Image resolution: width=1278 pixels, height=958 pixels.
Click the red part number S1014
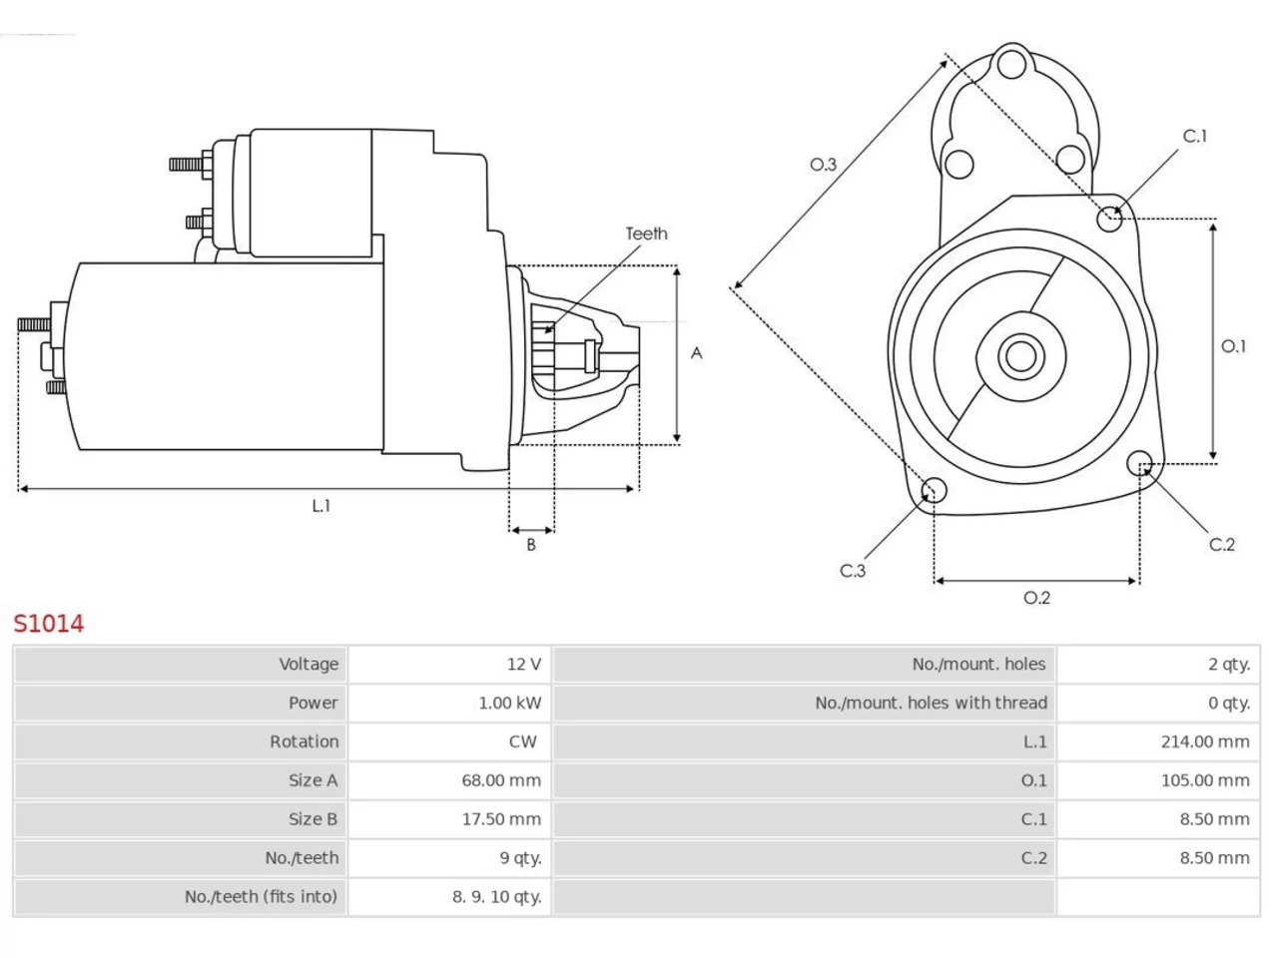pyautogui.click(x=49, y=624)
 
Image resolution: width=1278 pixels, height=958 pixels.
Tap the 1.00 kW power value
pyautogui.click(x=510, y=704)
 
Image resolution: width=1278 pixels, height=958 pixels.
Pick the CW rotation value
pyautogui.click(x=522, y=741)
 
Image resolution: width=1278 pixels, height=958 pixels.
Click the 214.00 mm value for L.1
pyautogui.click(x=1205, y=741)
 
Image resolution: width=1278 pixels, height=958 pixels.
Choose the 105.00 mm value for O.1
pyautogui.click(x=1205, y=780)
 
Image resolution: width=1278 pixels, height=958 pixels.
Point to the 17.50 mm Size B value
pyautogui.click(x=501, y=819)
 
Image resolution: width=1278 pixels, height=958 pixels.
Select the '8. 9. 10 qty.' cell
pyautogui.click(x=496, y=897)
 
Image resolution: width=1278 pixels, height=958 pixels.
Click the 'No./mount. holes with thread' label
pyautogui.click(x=931, y=704)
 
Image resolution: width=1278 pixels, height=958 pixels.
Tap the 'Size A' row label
pyautogui.click(x=314, y=780)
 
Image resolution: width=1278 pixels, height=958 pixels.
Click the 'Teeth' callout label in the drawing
pyautogui.click(x=646, y=234)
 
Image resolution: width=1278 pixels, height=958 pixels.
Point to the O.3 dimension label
pyautogui.click(x=824, y=165)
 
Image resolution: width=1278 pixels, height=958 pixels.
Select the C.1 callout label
pyautogui.click(x=1195, y=136)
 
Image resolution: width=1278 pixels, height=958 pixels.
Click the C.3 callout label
pyautogui.click(x=853, y=571)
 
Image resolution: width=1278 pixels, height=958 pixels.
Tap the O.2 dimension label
pyautogui.click(x=1037, y=598)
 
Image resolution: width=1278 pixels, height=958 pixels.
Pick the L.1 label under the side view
pyautogui.click(x=321, y=506)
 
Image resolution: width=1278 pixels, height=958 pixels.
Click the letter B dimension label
pyautogui.click(x=531, y=545)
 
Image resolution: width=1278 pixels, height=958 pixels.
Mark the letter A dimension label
pyautogui.click(x=696, y=353)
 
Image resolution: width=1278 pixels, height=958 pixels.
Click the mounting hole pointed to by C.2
pyautogui.click(x=1139, y=464)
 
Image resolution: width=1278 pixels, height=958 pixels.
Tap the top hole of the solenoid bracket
pyautogui.click(x=1012, y=64)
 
